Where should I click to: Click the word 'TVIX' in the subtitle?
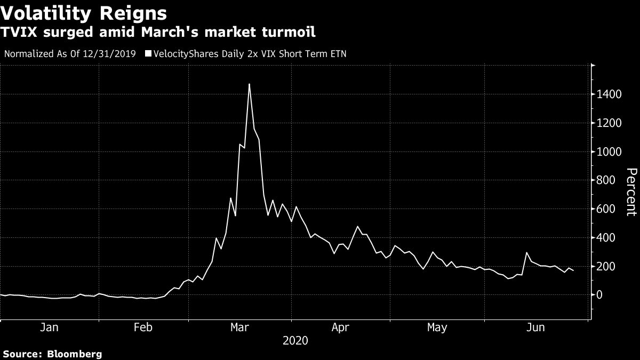(20, 33)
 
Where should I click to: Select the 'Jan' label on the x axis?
(49, 328)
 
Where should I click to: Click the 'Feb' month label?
(143, 328)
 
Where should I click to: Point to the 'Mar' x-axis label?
(240, 328)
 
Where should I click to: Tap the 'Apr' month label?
(340, 328)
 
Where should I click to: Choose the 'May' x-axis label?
(437, 328)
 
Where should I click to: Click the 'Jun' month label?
(535, 328)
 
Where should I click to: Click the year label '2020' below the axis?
(295, 340)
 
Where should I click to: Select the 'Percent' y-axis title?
(631, 192)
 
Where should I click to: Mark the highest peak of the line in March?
(249, 84)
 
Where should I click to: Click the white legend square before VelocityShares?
(148, 54)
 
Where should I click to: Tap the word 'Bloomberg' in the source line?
(75, 354)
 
